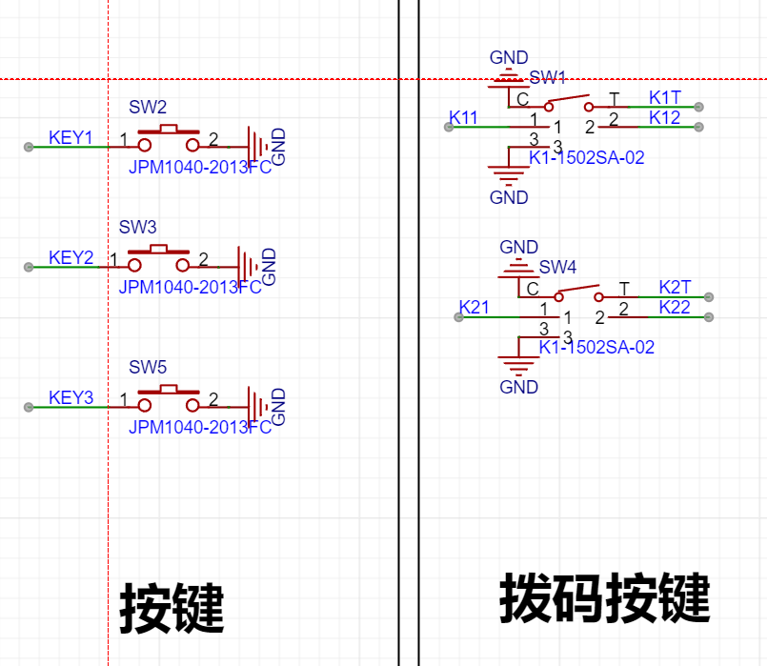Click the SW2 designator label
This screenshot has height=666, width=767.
point(148,107)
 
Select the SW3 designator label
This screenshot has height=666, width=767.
point(137,228)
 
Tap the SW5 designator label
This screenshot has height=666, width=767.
point(148,367)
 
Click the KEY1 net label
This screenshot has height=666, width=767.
point(71,138)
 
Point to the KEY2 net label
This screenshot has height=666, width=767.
point(71,257)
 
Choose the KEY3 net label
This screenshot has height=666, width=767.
point(71,398)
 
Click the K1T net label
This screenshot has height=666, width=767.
point(665,98)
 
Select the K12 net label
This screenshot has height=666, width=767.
point(665,118)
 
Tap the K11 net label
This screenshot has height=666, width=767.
point(463,118)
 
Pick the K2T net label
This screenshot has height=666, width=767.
point(675,288)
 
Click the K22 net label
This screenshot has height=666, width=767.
point(675,308)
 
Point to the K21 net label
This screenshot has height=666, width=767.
point(474,308)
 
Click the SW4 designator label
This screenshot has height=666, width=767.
point(557,268)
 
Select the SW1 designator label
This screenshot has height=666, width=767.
point(548,77)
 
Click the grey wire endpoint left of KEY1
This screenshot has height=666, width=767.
point(29,147)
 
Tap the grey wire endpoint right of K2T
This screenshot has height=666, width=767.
point(709,297)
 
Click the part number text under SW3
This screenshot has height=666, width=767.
point(191,288)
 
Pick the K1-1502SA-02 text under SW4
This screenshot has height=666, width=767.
point(596,348)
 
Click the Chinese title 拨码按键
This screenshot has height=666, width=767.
point(605,598)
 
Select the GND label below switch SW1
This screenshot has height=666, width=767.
point(509,198)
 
